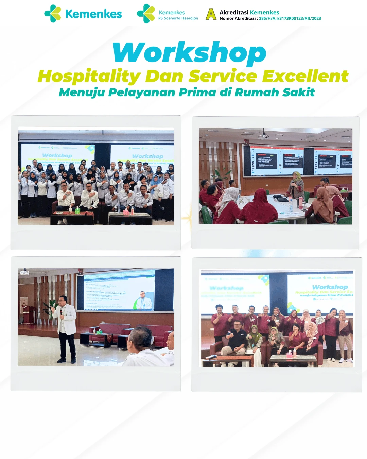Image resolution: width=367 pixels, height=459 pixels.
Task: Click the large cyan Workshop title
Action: pos(190,53)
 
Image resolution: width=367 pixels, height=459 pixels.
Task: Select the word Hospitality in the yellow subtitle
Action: pos(89,76)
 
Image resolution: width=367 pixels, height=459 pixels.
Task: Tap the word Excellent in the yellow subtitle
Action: pos(305,76)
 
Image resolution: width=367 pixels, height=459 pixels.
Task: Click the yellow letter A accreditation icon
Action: pos(211,14)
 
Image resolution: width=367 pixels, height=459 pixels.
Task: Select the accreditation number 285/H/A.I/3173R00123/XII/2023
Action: pos(290,19)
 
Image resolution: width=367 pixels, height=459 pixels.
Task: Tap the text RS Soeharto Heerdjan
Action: pos(178,18)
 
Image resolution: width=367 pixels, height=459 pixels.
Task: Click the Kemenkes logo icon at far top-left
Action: pos(53,14)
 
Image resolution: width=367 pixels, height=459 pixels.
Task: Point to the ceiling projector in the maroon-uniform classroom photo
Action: pos(263,136)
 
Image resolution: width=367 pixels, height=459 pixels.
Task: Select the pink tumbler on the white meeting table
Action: pos(300,203)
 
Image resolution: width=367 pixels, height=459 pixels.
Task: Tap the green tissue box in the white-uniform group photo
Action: pos(77,211)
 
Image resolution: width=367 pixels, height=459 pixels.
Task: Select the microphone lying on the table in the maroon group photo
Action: pos(211,357)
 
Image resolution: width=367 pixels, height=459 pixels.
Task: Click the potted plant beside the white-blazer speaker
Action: pos(52,308)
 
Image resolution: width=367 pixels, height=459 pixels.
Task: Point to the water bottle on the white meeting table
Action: pos(291,204)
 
